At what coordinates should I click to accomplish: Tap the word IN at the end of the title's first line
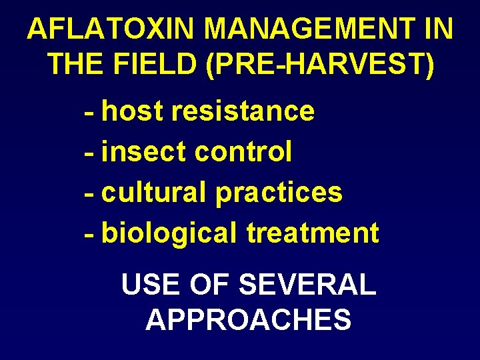[439, 29]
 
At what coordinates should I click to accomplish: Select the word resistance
[242, 111]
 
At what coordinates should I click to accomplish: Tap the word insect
[143, 152]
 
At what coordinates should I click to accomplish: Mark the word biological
[169, 233]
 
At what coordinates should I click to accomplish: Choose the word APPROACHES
[248, 320]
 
